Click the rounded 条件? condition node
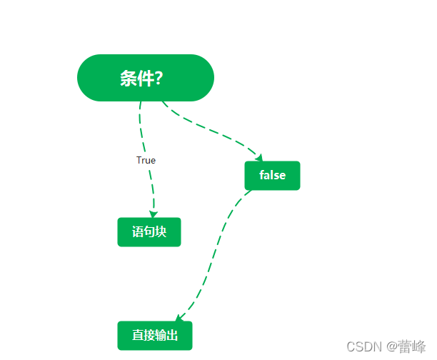146,78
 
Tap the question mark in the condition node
159,79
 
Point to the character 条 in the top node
129,79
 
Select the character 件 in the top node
145,79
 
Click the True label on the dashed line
146,161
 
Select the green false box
272,176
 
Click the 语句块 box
149,232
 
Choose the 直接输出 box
155,336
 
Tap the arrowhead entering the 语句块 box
153,214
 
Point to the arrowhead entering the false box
258,158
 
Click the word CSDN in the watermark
361,346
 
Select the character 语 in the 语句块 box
138,232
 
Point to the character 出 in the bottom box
172,336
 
